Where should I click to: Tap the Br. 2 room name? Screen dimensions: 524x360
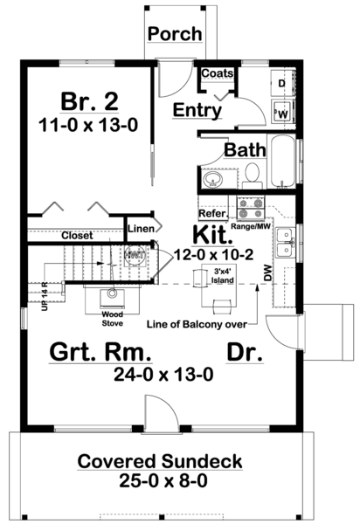pyautogui.click(x=87, y=97)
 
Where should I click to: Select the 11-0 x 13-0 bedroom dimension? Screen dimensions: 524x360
pyautogui.click(x=87, y=125)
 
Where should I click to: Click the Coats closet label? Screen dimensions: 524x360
pyautogui.click(x=217, y=74)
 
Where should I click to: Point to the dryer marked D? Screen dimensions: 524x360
pyautogui.click(x=282, y=84)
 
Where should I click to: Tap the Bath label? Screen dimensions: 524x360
pyautogui.click(x=245, y=149)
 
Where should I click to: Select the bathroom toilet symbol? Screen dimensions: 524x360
pyautogui.click(x=252, y=177)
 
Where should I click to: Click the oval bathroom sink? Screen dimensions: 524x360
pyautogui.click(x=212, y=181)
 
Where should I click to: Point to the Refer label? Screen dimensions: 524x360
pyautogui.click(x=212, y=212)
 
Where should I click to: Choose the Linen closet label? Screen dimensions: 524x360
pyautogui.click(x=142, y=228)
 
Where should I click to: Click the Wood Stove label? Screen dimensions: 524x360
pyautogui.click(x=110, y=318)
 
